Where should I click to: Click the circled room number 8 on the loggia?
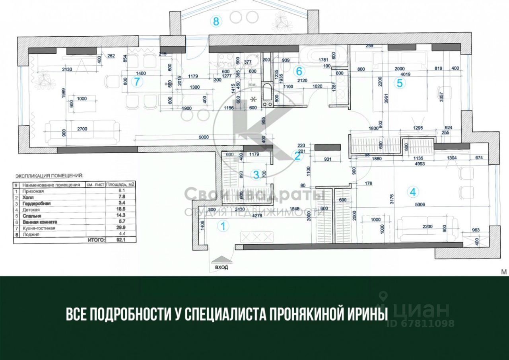216,21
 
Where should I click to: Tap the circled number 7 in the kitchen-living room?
137,82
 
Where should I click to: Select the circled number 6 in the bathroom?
299,72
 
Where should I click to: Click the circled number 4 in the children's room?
413,192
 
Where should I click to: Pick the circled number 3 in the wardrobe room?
256,174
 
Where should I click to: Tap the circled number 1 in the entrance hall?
223,226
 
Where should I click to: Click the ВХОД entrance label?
221,267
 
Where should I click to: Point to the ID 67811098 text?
421,323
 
